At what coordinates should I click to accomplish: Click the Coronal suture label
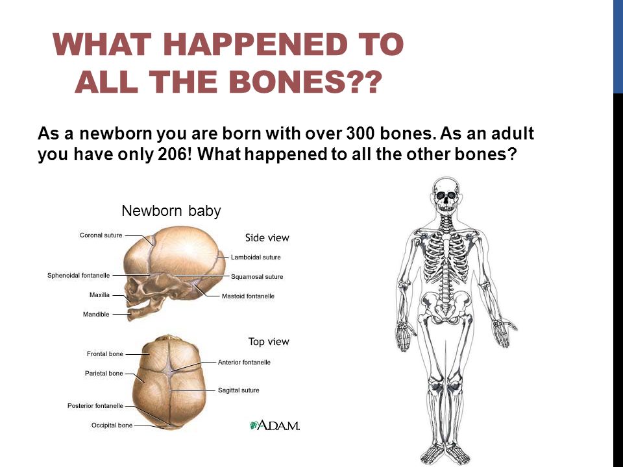[101, 235]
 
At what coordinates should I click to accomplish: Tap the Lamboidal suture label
[256, 257]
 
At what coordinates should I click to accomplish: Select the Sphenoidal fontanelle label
[79, 275]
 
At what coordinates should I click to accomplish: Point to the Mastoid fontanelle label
[248, 296]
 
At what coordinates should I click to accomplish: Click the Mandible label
[96, 314]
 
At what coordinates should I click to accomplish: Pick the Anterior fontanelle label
[244, 362]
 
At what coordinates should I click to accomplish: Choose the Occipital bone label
[112, 425]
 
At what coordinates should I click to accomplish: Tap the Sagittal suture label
[238, 390]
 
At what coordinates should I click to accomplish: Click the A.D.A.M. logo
[275, 425]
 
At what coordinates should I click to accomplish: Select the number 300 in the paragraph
[360, 134]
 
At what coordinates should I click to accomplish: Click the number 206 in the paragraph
[171, 154]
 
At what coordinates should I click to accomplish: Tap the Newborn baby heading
[171, 211]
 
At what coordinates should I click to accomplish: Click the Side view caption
[267, 238]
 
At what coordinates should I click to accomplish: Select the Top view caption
[269, 342]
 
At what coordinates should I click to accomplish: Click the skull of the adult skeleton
[446, 195]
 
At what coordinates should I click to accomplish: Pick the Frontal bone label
[105, 354]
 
